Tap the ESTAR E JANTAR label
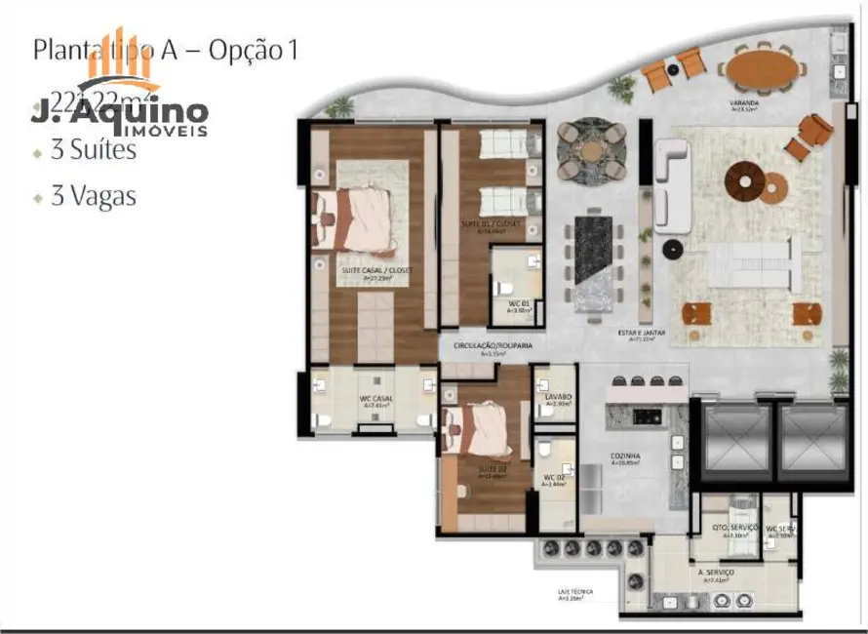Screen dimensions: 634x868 click(641, 334)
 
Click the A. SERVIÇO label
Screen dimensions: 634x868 click(716, 572)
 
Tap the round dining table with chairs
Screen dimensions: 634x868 click(592, 150)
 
